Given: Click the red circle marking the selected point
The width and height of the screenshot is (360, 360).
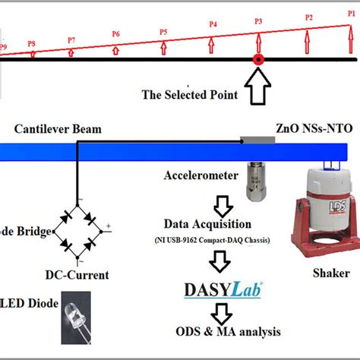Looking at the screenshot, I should (258, 59).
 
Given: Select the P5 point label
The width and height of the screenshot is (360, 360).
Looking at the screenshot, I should (163, 31).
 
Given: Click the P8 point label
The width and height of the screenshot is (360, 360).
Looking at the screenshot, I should (31, 44).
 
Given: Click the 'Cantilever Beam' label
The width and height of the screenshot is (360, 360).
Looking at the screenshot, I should (58, 129).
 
